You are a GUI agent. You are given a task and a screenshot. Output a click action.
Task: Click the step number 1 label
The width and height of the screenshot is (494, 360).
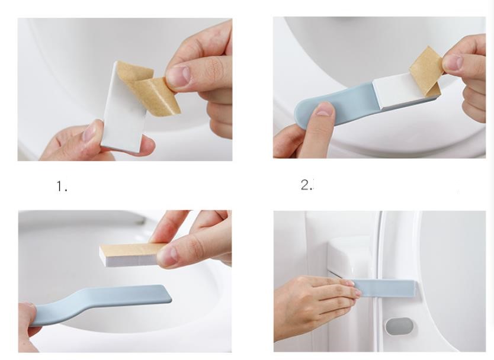pos(62,186)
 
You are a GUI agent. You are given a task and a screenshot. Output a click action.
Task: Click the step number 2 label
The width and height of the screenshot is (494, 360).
pos(307,185)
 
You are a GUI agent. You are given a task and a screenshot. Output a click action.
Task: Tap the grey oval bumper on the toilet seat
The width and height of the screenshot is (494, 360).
pos(399,327)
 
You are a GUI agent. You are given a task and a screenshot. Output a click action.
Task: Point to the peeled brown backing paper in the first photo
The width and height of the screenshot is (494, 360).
pos(150,90)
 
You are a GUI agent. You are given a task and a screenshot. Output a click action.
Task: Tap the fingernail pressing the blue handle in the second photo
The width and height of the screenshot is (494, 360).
pos(325,108)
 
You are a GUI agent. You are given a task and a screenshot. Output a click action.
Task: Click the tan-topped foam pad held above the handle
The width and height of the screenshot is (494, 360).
pos(132,255)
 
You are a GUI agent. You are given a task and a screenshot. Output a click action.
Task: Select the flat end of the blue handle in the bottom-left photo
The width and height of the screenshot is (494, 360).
pos(165,294)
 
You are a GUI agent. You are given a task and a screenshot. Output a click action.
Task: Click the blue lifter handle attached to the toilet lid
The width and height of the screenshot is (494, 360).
pos(385,288)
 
